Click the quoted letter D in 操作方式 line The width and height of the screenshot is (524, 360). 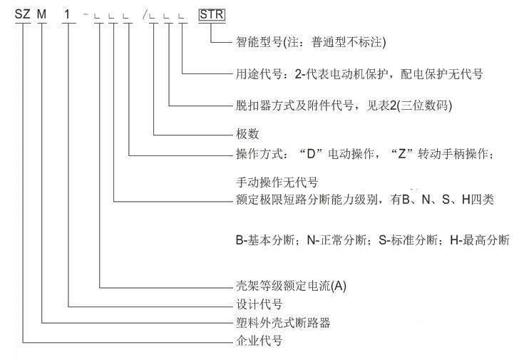(x=314, y=152)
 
